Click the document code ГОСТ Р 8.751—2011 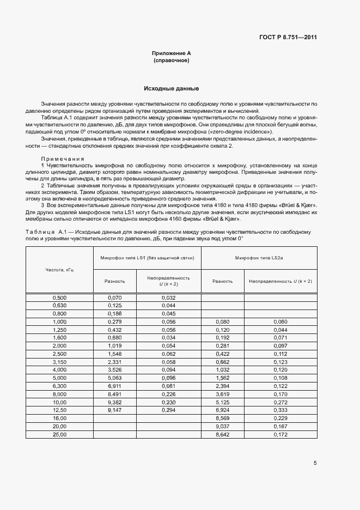point(289,38)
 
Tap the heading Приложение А point(171,53)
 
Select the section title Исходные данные point(171,88)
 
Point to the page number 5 point(315,463)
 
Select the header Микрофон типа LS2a point(259,257)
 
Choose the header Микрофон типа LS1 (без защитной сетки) point(147,257)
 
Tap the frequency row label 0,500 point(59,297)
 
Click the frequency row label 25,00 point(59,435)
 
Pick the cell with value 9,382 point(114,402)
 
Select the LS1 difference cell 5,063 point(114,378)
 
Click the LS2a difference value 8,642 point(222,435)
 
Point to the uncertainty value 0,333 point(280,410)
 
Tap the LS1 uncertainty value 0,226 point(168,394)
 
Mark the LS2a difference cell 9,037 point(222,427)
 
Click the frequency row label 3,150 point(59,362)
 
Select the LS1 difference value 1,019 point(114,345)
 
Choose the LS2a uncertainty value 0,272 point(280,402)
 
